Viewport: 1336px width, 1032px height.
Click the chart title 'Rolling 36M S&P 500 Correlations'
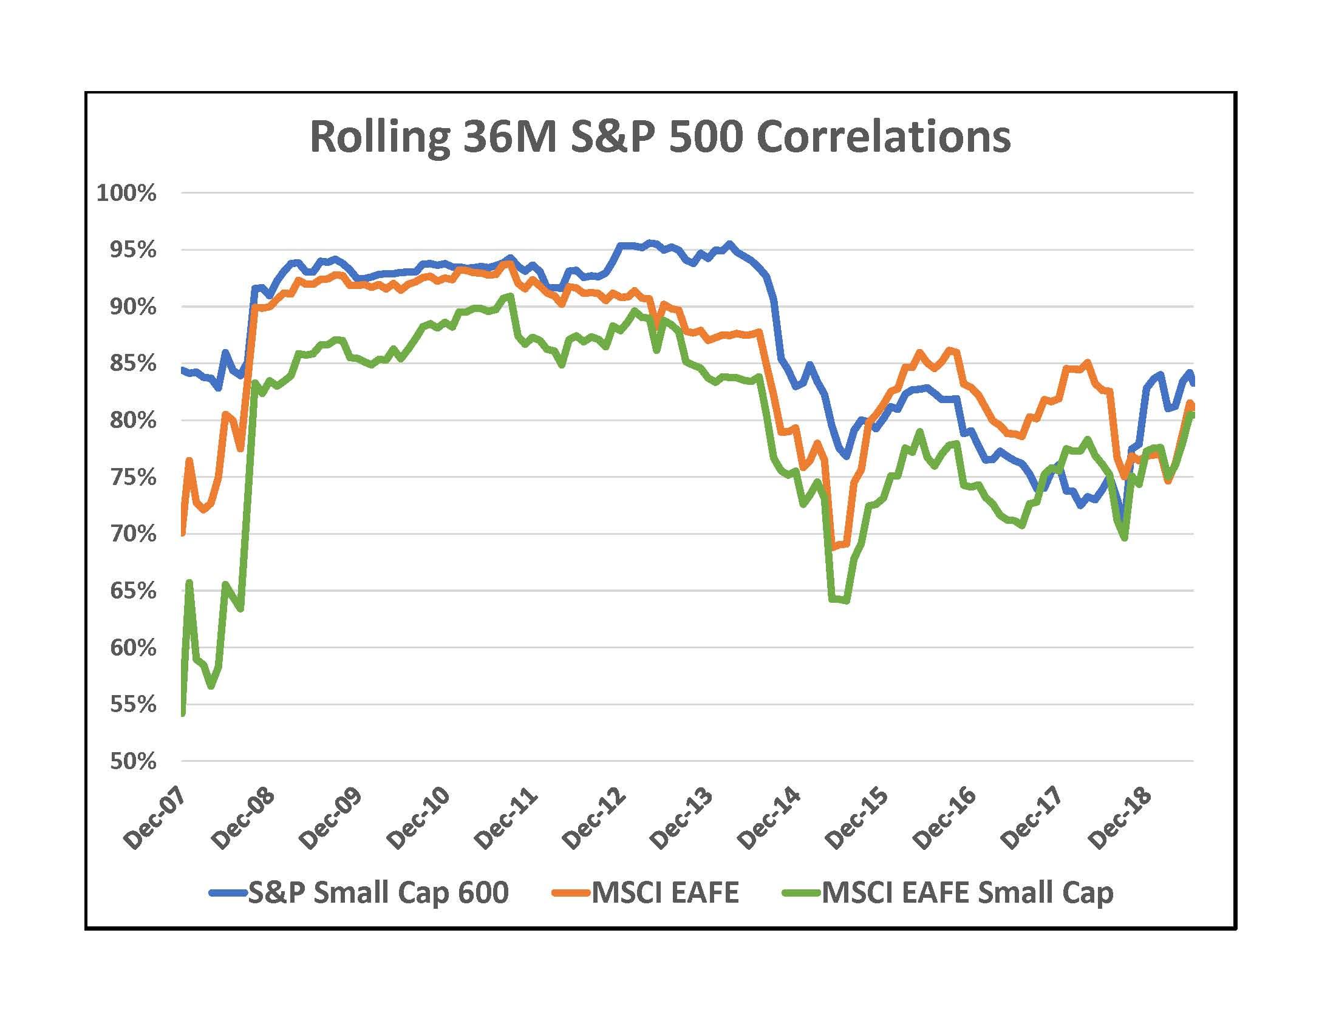[x=660, y=138]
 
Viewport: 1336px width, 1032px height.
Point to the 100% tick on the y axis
[x=127, y=193]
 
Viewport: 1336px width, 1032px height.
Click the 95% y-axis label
[x=132, y=250]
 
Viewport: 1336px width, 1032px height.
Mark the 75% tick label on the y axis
[x=132, y=478]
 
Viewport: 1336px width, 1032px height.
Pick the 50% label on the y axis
[x=132, y=762]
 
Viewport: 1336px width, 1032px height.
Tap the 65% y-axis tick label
[x=132, y=591]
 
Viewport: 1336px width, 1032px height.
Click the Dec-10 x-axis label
[x=419, y=820]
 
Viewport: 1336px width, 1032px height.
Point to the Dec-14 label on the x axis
[x=769, y=820]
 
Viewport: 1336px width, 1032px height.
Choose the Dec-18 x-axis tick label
[x=1119, y=820]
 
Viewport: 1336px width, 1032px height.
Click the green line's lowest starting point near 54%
[x=183, y=713]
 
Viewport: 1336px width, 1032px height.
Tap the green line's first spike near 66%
[x=189, y=582]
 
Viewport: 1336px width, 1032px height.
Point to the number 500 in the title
[x=705, y=138]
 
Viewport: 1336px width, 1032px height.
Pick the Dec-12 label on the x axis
[x=594, y=820]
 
